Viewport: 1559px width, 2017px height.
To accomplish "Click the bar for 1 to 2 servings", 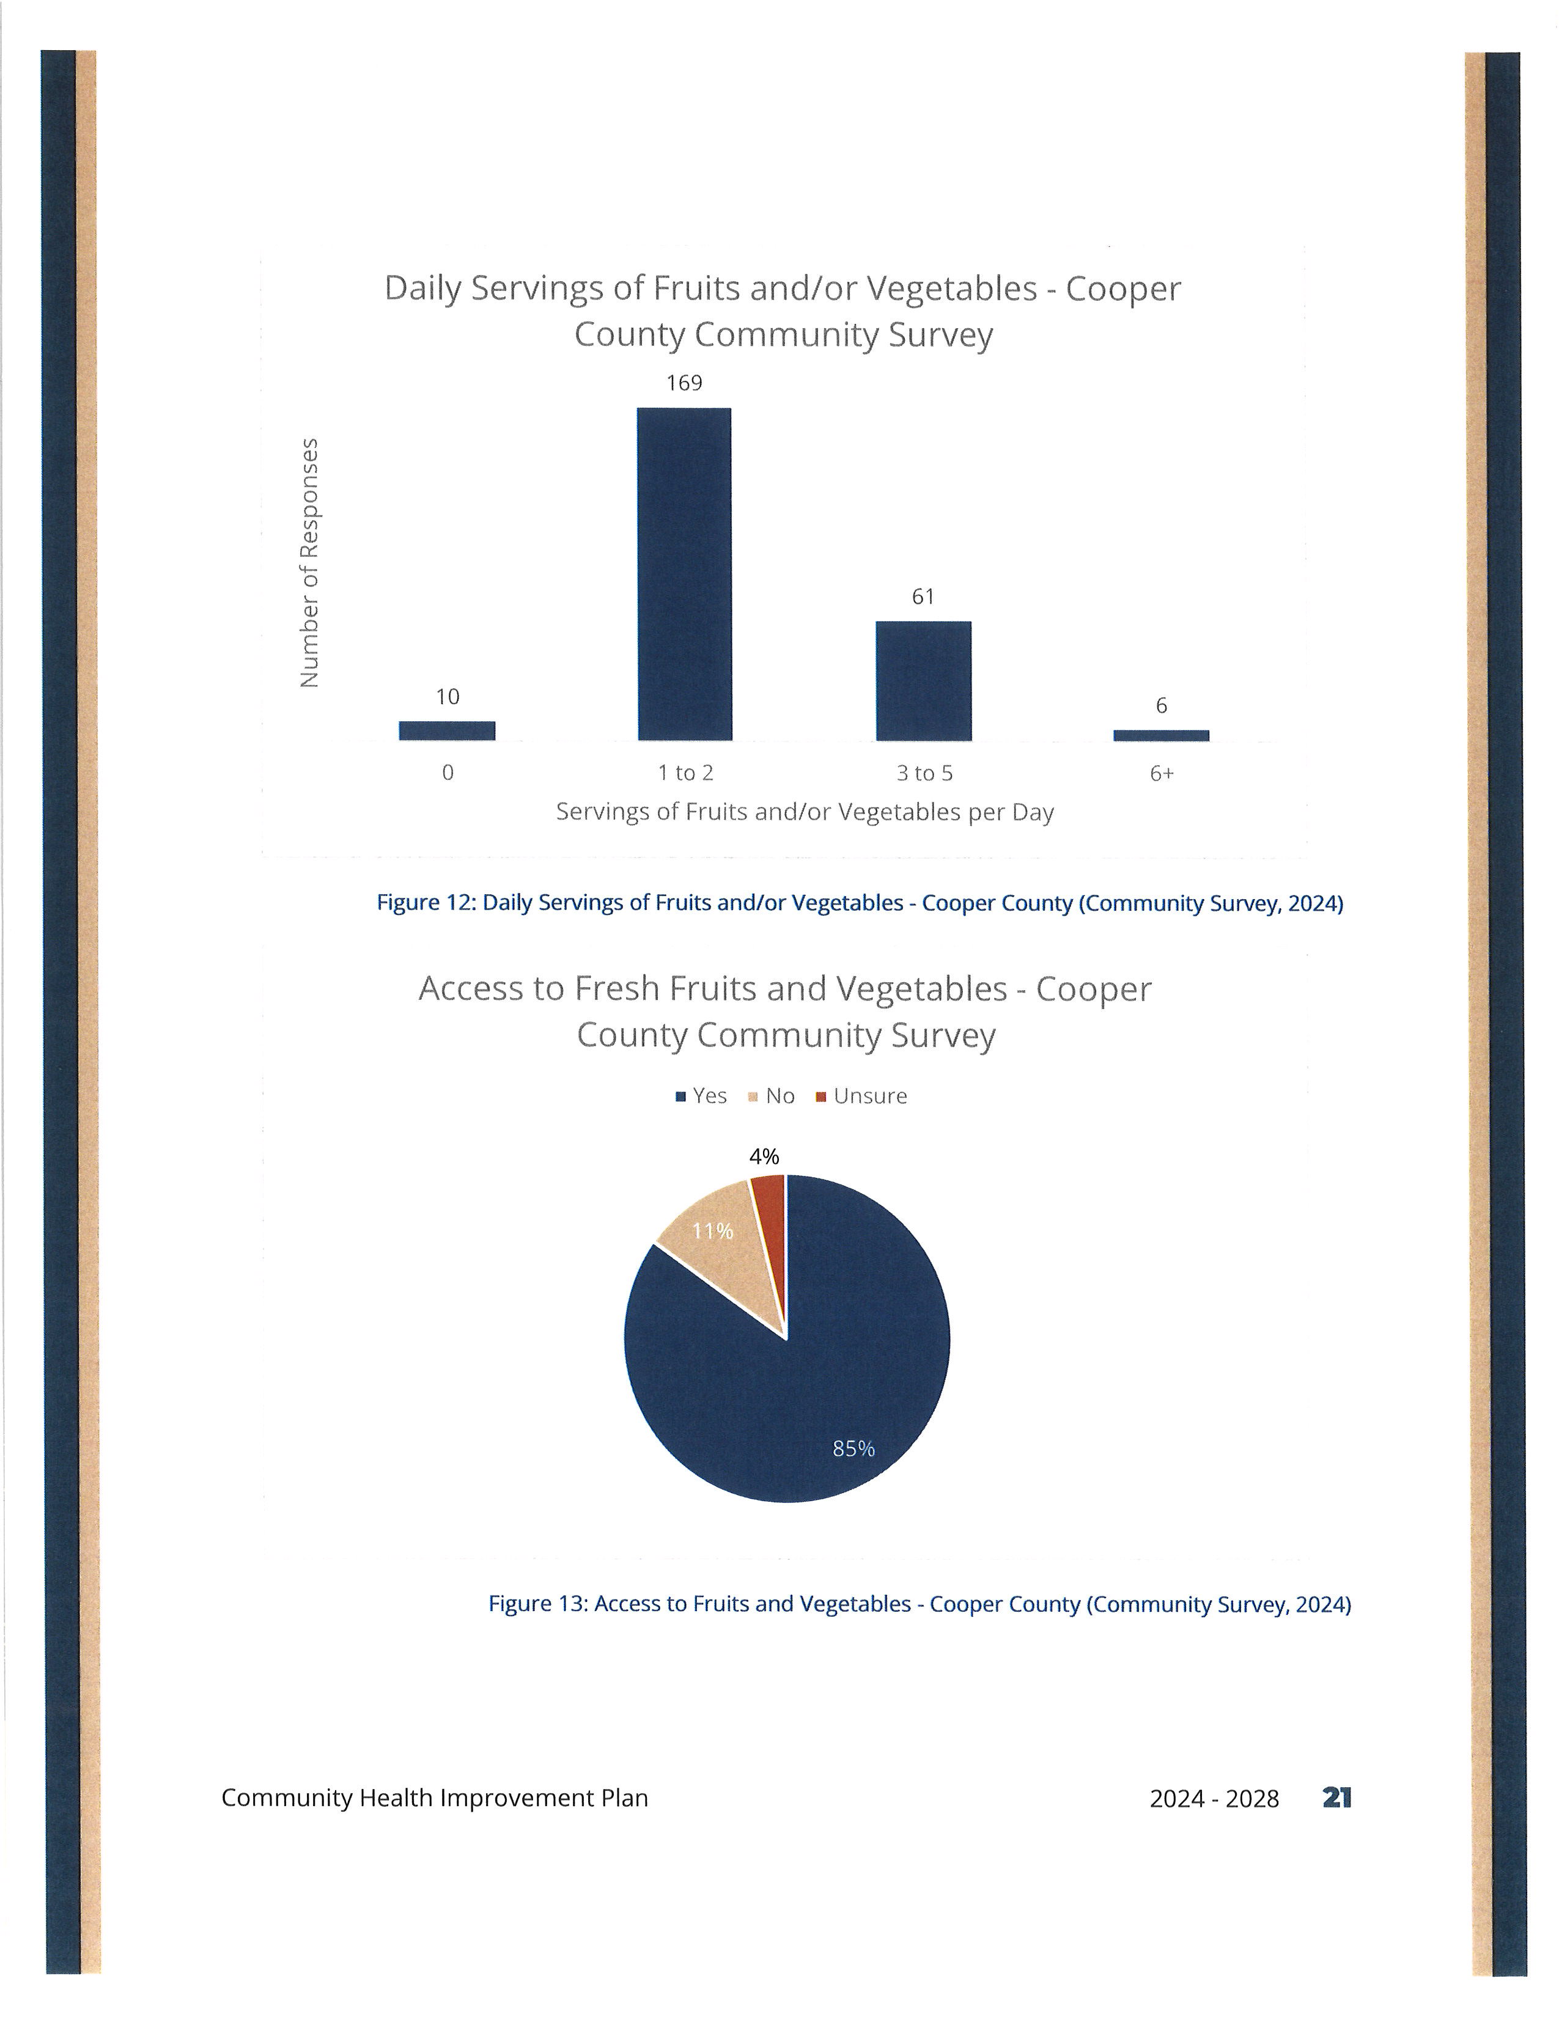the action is (684, 573).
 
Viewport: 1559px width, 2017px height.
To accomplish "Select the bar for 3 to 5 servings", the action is (924, 681).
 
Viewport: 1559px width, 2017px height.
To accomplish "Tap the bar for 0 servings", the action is (447, 730).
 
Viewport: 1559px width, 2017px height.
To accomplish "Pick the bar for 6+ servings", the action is (1161, 735).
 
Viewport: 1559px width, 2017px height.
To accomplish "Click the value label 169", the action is (684, 383).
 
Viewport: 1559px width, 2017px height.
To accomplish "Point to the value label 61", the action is (924, 597).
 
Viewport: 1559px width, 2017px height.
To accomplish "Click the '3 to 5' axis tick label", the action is (924, 773).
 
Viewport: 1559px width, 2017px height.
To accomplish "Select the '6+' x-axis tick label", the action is (1162, 773).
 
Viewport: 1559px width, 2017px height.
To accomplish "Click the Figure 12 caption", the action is (860, 903).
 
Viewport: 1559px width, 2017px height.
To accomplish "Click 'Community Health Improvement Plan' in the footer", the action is (435, 1798).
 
